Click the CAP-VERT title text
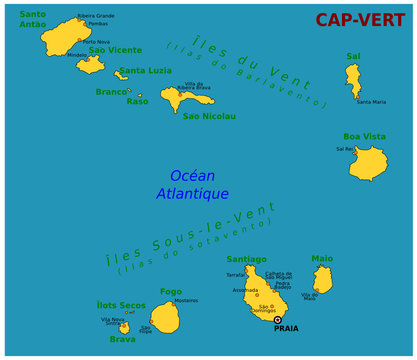tap(360, 20)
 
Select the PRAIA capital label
tap(287, 328)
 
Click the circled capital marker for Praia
tap(277, 320)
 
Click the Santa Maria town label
tap(371, 102)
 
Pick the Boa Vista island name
tap(365, 137)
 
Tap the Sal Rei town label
tap(345, 149)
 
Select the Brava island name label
tap(122, 339)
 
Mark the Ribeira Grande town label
tap(95, 16)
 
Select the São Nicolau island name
tap(209, 116)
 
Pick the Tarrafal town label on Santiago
tap(236, 273)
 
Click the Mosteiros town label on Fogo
tap(186, 300)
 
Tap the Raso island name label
tap(137, 101)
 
